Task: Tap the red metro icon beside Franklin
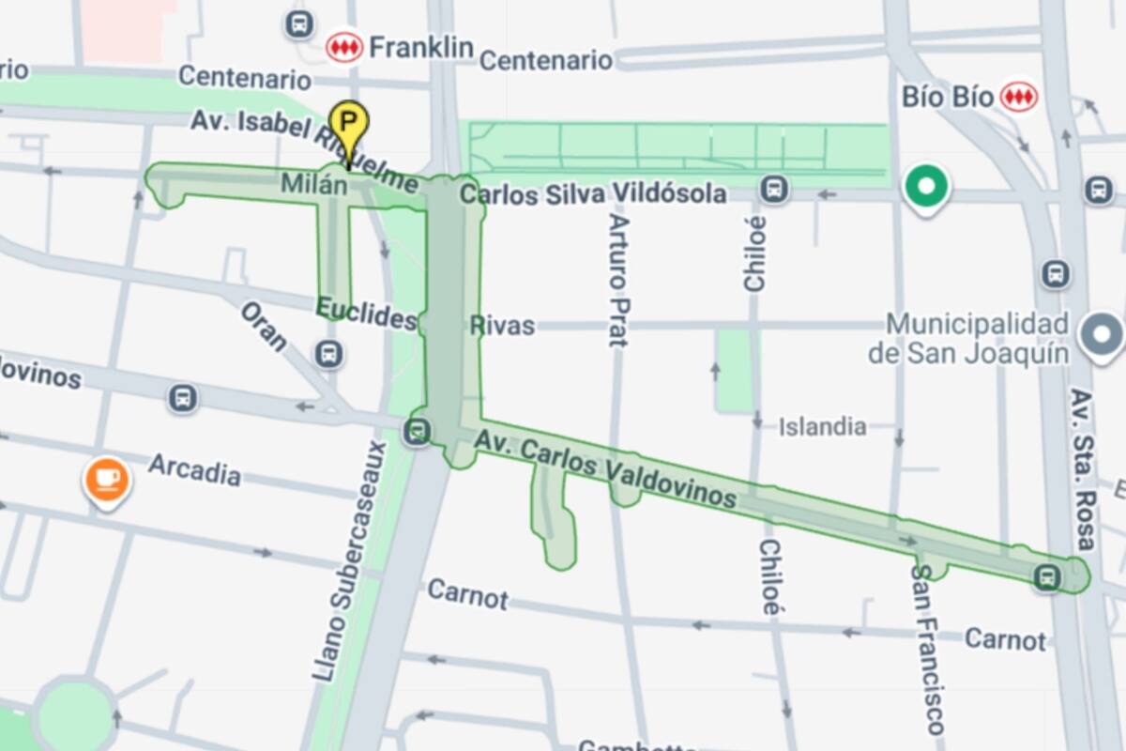tap(344, 47)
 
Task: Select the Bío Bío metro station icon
tap(1018, 96)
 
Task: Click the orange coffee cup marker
tap(108, 479)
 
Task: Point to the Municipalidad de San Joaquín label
tap(977, 339)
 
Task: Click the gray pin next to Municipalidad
tap(1102, 335)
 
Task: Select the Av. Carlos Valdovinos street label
tap(604, 467)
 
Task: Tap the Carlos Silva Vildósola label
tap(593, 194)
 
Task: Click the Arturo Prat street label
tap(616, 280)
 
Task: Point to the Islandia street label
tap(822, 427)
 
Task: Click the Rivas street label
tap(502, 326)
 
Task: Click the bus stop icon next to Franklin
tap(299, 24)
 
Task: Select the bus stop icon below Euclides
tap(329, 355)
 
